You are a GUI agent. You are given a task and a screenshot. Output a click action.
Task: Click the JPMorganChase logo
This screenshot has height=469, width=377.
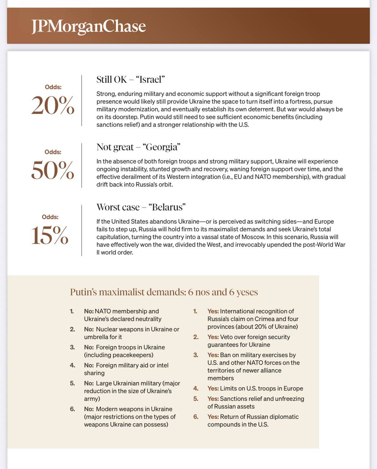tap(88, 26)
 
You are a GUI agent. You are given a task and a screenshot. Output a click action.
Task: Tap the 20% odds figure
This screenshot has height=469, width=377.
tap(53, 106)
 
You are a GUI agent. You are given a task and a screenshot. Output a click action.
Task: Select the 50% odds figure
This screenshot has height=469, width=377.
tap(53, 170)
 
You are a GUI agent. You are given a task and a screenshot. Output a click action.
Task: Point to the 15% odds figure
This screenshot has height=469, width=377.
tap(50, 235)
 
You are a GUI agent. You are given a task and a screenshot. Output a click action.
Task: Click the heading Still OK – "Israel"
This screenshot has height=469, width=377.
tap(131, 79)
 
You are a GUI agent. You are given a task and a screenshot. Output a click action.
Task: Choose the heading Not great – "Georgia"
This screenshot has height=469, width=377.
tap(138, 147)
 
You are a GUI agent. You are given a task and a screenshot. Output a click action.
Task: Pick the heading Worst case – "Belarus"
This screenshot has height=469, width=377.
tap(141, 207)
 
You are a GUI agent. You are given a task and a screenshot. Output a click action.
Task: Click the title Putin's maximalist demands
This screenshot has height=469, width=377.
tap(164, 292)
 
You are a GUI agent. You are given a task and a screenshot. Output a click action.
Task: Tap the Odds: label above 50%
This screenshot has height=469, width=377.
tap(53, 152)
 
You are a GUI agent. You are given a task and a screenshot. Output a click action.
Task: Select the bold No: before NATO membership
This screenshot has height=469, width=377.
tap(89, 311)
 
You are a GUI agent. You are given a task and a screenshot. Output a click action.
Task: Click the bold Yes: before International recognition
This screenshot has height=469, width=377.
tap(213, 311)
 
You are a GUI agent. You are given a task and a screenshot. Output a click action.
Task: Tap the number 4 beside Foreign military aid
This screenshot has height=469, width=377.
tap(72, 365)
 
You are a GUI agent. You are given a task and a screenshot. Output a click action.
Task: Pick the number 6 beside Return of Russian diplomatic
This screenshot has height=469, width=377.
tap(196, 417)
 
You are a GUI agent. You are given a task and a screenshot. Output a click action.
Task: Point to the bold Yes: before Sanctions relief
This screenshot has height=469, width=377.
tap(213, 399)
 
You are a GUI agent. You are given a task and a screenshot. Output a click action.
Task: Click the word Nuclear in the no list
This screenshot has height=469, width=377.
tap(107, 329)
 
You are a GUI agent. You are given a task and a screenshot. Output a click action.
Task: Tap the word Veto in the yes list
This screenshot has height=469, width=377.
tap(227, 337)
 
